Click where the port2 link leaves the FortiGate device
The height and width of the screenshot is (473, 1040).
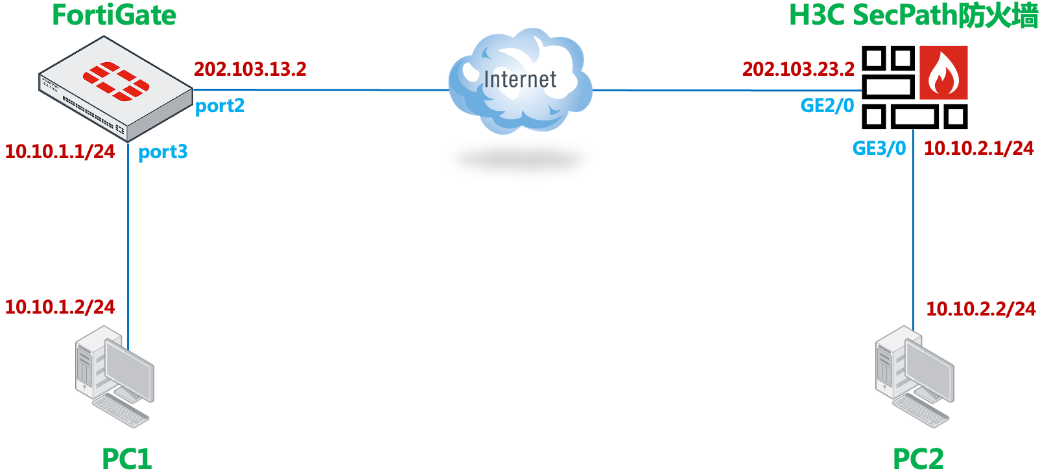click(193, 89)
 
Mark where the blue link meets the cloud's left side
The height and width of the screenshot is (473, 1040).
click(449, 90)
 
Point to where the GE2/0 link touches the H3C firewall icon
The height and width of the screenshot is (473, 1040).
click(862, 91)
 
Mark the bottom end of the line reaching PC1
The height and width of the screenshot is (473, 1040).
click(128, 349)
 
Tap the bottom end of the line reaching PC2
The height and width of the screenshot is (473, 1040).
click(914, 331)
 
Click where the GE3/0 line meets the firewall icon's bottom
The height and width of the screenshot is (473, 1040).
click(914, 129)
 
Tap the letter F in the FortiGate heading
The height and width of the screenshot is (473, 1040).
click(60, 16)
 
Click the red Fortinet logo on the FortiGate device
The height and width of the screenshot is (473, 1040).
click(116, 81)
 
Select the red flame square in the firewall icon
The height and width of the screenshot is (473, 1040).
click(943, 73)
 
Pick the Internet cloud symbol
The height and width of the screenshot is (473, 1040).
click(520, 81)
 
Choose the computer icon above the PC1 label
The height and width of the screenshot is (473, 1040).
click(115, 376)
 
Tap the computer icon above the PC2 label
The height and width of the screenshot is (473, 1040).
click(915, 376)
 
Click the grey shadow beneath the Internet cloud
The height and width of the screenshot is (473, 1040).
click(520, 160)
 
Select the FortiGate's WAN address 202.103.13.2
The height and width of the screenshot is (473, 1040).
click(250, 69)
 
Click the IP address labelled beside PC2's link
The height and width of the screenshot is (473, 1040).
click(981, 308)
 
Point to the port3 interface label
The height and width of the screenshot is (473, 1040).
click(163, 152)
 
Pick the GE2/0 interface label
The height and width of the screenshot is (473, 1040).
click(827, 106)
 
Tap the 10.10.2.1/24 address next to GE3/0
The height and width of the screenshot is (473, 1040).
click(978, 148)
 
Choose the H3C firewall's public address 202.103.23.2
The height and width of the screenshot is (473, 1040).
click(799, 69)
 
